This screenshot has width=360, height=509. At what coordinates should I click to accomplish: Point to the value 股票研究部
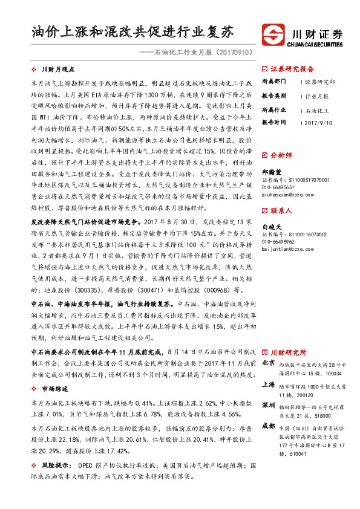pos(319,82)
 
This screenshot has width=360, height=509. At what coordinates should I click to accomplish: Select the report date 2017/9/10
pos(318,122)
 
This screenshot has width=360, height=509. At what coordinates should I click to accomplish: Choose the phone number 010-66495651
pos(280,187)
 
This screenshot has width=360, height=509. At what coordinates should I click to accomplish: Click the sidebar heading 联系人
pos(281,211)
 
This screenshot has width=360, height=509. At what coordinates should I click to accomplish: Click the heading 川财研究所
pos(288,352)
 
